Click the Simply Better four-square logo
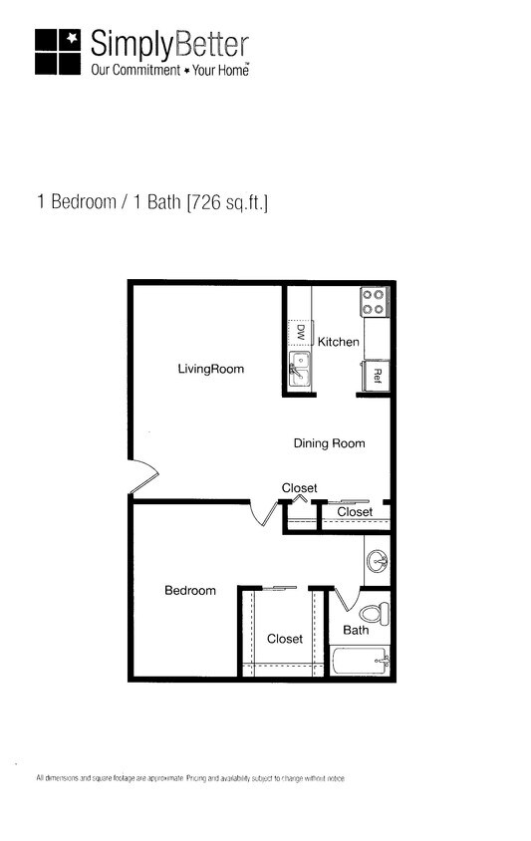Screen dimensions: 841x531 [x=57, y=51]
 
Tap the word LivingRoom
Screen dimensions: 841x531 [x=211, y=370]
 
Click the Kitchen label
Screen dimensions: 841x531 [x=339, y=342]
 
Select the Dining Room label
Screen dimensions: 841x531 [x=329, y=443]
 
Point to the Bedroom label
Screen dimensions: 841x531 [x=189, y=591]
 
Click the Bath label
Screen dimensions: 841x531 [x=356, y=630]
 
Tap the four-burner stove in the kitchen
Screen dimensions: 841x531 [x=374, y=301]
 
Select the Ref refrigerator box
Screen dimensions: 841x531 [x=377, y=375]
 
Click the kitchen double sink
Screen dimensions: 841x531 [x=300, y=368]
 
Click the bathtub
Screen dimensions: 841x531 [x=360, y=660]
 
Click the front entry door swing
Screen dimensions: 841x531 [x=142, y=476]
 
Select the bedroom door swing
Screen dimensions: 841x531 [x=264, y=511]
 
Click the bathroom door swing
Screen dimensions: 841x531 [x=346, y=598]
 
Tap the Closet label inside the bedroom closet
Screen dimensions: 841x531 [x=285, y=639]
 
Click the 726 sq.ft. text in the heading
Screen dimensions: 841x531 [x=227, y=203]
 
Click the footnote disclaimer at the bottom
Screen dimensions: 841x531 [x=190, y=777]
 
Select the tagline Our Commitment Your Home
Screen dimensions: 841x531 [x=168, y=71]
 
